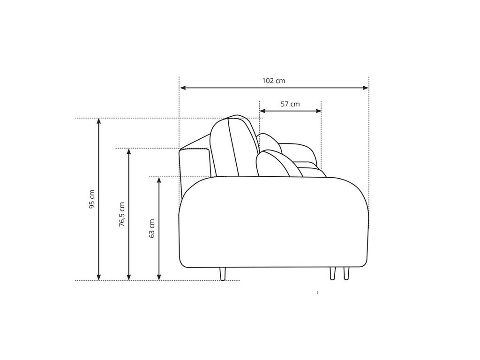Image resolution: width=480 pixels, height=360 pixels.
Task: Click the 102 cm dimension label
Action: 273,81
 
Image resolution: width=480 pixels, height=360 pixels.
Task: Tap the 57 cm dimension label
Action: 290,104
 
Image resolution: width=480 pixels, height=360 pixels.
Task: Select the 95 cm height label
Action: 92,199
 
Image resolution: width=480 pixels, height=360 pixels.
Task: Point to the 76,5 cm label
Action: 122,214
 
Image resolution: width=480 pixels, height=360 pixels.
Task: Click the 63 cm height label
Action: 151,228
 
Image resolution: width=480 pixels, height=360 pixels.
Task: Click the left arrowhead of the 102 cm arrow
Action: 183,88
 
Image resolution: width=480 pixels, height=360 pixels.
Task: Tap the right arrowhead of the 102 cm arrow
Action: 365,88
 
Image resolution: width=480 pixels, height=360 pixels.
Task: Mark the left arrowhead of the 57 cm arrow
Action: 262,111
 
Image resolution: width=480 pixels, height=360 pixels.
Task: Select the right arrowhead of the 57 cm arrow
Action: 318,111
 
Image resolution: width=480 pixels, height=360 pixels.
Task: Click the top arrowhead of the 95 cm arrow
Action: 98,121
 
